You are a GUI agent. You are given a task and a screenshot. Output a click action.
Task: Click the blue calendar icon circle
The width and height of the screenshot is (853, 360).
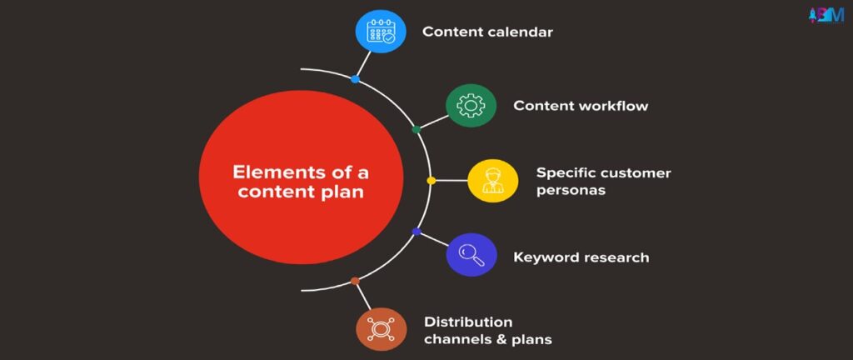pyautogui.click(x=380, y=31)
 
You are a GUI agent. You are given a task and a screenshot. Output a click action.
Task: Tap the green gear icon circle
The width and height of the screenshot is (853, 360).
pyautogui.click(x=471, y=106)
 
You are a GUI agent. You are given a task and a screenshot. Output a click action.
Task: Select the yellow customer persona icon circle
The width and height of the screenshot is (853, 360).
pyautogui.click(x=493, y=181)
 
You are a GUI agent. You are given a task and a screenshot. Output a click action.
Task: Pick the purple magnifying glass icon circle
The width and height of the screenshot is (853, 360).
pyautogui.click(x=471, y=254)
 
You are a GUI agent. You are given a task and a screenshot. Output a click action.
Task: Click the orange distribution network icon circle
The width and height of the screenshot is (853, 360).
pyautogui.click(x=381, y=329)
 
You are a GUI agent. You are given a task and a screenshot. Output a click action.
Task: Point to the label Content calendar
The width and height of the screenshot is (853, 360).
pyautogui.click(x=487, y=32)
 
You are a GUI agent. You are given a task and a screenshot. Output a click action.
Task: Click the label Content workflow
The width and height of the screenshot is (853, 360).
pyautogui.click(x=581, y=106)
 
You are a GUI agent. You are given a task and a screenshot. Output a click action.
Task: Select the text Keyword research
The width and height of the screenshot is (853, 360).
pyautogui.click(x=581, y=257)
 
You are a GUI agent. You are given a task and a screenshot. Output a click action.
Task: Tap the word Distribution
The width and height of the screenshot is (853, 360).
pyautogui.click(x=468, y=322)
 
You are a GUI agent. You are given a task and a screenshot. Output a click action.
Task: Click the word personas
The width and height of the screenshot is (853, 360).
pyautogui.click(x=571, y=191)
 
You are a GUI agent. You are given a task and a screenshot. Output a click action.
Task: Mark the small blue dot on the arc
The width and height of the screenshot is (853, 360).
pyautogui.click(x=355, y=79)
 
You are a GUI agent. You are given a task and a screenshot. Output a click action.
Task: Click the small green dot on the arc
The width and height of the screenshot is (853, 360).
pyautogui.click(x=417, y=129)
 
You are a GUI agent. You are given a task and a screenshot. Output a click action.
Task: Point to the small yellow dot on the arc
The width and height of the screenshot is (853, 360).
pyautogui.click(x=431, y=181)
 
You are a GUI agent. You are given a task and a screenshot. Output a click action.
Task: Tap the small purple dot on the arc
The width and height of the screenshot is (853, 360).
pyautogui.click(x=417, y=232)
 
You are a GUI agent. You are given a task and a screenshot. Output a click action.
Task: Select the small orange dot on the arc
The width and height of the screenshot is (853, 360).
pyautogui.click(x=355, y=281)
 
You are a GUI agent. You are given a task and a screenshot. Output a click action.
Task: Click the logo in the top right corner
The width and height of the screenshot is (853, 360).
pyautogui.click(x=827, y=15)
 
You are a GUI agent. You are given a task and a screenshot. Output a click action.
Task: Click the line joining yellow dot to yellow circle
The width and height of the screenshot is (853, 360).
pyautogui.click(x=451, y=181)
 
